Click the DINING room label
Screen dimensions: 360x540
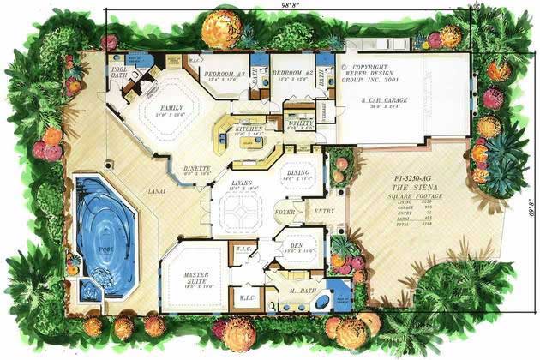click(297, 173)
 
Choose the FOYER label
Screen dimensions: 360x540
click(283, 209)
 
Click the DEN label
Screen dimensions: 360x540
click(295, 242)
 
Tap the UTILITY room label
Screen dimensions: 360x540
click(298, 123)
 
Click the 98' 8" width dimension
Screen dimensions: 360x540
click(290, 6)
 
